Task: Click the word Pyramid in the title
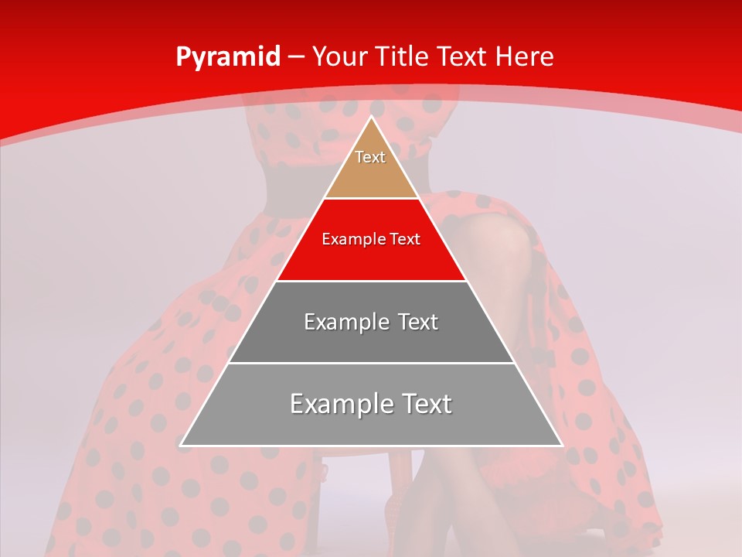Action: pyautogui.click(x=227, y=57)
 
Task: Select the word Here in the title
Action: pyautogui.click(x=525, y=56)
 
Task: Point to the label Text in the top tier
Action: pyautogui.click(x=370, y=157)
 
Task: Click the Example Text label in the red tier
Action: pyautogui.click(x=371, y=239)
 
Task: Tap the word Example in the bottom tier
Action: pyautogui.click(x=335, y=404)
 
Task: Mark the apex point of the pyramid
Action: pyautogui.click(x=371, y=117)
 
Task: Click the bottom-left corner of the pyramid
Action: pyautogui.click(x=181, y=446)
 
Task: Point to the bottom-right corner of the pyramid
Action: pyautogui.click(x=562, y=446)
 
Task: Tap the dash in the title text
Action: pyautogui.click(x=296, y=57)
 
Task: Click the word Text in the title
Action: pyautogui.click(x=464, y=56)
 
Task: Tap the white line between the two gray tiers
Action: pyautogui.click(x=371, y=363)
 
